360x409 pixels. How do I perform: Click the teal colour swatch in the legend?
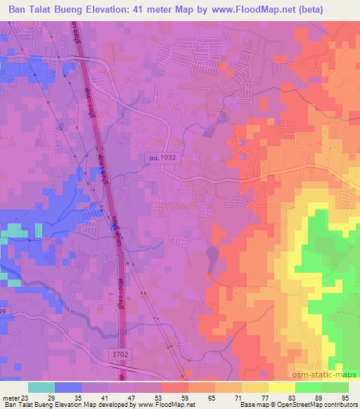coord(41,387)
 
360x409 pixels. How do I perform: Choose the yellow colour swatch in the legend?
coord(282,387)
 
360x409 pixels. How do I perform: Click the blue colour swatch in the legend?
coord(68,387)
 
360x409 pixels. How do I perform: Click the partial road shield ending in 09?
coord(4,311)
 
